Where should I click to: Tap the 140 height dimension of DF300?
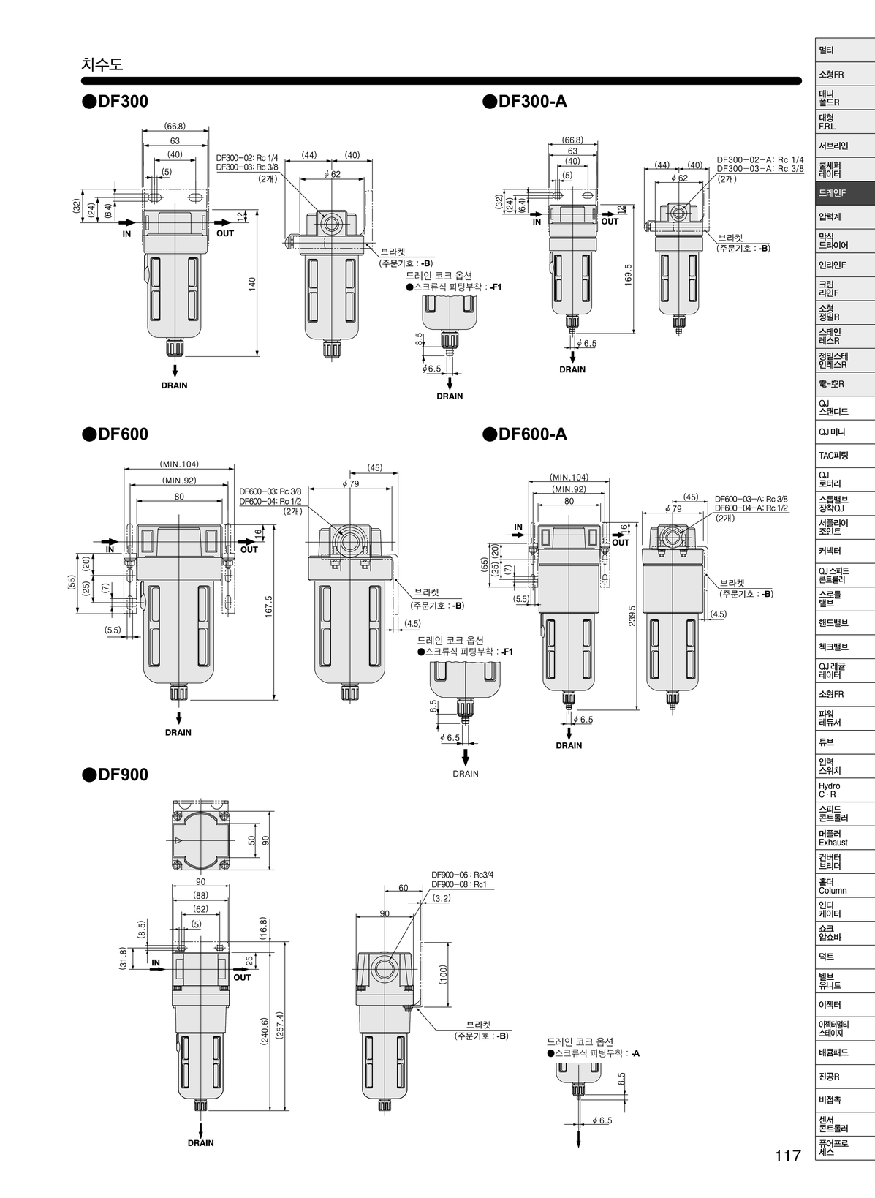coord(251,283)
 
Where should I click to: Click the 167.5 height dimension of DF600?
coord(268,606)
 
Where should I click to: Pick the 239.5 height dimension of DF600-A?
coord(632,615)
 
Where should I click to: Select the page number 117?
coord(788,1156)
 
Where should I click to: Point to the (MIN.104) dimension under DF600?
coord(179,464)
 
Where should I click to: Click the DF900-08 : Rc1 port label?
coord(460,884)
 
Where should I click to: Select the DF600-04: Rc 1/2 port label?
coord(270,501)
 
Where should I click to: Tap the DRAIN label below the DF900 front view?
coord(200,1142)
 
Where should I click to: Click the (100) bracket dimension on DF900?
coord(443,974)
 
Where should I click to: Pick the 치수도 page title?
coord(102,64)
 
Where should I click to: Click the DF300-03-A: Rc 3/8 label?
coord(760,169)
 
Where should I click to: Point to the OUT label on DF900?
coord(242,977)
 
